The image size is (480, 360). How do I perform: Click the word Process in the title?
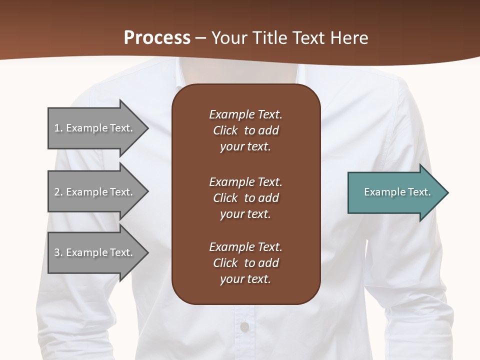point(157,38)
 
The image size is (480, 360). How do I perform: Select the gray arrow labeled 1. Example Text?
point(95,128)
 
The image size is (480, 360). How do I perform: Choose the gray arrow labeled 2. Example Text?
point(95,192)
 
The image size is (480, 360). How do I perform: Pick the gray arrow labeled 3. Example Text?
point(95,252)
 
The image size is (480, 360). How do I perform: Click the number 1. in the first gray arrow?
point(58,128)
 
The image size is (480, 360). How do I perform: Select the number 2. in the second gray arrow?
point(58,192)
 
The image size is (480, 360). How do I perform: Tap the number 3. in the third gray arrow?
point(58,252)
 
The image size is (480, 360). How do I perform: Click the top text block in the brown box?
point(245,130)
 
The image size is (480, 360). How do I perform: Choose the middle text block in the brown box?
point(245,198)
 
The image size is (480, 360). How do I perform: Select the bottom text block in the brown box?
point(245,263)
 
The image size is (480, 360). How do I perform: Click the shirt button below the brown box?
point(244,327)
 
